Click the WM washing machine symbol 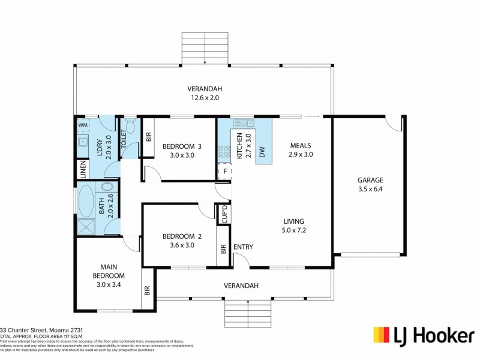click(x=82, y=125)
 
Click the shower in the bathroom click(x=86, y=226)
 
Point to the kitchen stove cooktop click(x=223, y=151)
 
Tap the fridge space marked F click(x=224, y=171)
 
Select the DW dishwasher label click(x=262, y=153)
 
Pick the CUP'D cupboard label click(x=224, y=214)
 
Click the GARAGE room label click(x=370, y=180)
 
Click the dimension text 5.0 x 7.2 click(x=293, y=230)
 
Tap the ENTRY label click(x=243, y=247)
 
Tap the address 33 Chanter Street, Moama click(x=41, y=330)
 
